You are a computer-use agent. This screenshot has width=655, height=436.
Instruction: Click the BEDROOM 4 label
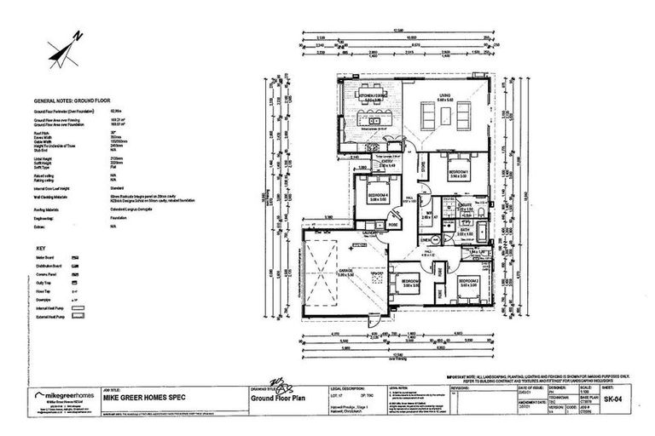pyautogui.click(x=376, y=196)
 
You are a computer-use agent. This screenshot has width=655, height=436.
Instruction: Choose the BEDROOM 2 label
pyautogui.click(x=470, y=282)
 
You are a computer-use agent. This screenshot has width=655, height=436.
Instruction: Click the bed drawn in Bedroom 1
pyautogui.click(x=461, y=160)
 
